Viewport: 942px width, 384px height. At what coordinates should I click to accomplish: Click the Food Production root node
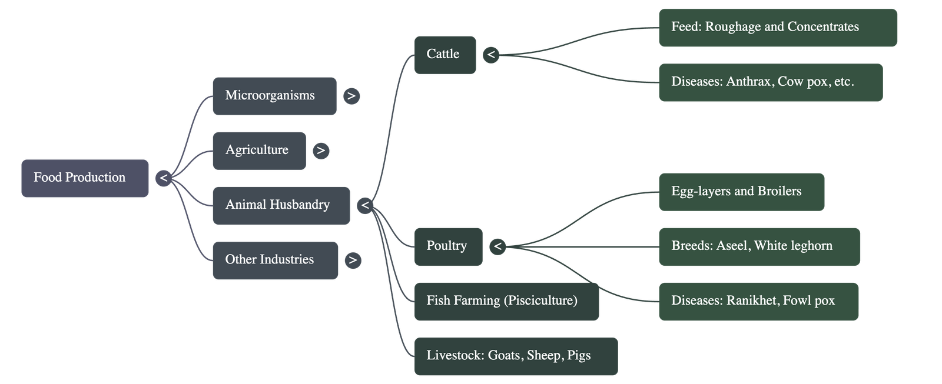pyautogui.click(x=85, y=178)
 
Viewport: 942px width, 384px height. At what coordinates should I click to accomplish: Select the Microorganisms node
pyautogui.click(x=274, y=95)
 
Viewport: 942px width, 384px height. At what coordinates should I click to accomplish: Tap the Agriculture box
pyautogui.click(x=259, y=150)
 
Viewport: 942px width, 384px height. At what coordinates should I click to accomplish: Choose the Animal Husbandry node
pyautogui.click(x=281, y=205)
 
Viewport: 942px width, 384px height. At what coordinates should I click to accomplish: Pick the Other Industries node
pyautogui.click(x=275, y=260)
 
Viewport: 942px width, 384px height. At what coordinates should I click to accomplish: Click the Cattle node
pyautogui.click(x=445, y=55)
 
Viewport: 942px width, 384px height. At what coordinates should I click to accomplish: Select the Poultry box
pyautogui.click(x=447, y=246)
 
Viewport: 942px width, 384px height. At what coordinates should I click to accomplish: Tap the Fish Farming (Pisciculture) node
pyautogui.click(x=506, y=301)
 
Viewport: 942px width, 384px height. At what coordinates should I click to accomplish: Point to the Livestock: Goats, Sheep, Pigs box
pyautogui.click(x=516, y=356)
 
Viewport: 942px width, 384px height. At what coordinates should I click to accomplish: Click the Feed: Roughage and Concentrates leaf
pyautogui.click(x=778, y=27)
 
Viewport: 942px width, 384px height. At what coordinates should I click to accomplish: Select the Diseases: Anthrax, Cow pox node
pyautogui.click(x=770, y=82)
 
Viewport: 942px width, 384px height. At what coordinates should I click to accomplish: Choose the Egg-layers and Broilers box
pyautogui.click(x=741, y=191)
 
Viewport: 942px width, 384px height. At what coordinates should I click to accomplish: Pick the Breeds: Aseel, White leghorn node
pyautogui.click(x=759, y=246)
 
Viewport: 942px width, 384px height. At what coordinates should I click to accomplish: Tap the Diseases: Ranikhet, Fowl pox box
pyautogui.click(x=758, y=301)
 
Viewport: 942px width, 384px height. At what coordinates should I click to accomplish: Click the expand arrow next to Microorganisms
pyautogui.click(x=351, y=96)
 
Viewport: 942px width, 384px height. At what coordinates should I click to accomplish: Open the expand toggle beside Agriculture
pyautogui.click(x=321, y=151)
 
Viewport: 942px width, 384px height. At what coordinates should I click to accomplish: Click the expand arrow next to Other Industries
pyautogui.click(x=353, y=260)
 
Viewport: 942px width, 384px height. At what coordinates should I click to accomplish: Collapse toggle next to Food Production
pyautogui.click(x=164, y=178)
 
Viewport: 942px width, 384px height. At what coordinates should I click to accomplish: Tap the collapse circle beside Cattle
pyautogui.click(x=490, y=55)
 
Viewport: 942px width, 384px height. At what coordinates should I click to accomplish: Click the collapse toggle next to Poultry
pyautogui.click(x=497, y=246)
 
